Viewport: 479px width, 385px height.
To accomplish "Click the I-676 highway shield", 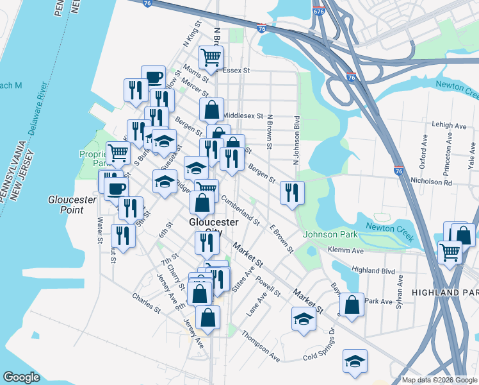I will tap(318, 12).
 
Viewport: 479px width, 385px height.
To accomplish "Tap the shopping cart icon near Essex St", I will tap(211, 58).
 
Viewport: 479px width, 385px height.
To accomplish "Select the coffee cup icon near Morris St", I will tap(153, 78).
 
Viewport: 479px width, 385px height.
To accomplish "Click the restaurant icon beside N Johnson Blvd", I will tap(292, 193).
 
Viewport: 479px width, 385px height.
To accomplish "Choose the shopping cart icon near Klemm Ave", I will tap(450, 252).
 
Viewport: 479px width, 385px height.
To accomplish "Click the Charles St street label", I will tap(145, 304).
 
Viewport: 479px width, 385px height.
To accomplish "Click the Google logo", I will tap(21, 377).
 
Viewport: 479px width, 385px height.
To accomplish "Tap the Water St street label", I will tap(99, 230).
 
